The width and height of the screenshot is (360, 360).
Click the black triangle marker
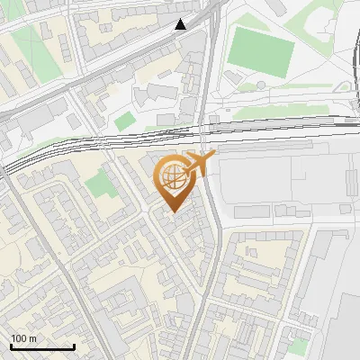click(x=181, y=24)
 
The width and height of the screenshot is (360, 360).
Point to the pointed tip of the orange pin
click(x=172, y=211)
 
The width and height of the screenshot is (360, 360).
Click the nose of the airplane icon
click(x=213, y=157)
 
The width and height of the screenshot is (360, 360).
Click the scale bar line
click(x=42, y=347)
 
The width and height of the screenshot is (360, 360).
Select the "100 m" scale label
click(x=24, y=338)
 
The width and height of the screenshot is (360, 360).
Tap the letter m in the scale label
click(x=33, y=338)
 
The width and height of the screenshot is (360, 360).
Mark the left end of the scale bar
click(x=11, y=347)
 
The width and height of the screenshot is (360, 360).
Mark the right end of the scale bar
click(x=74, y=347)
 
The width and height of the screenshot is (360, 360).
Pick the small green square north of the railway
click(x=124, y=121)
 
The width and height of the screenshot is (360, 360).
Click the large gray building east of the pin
click(x=279, y=180)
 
